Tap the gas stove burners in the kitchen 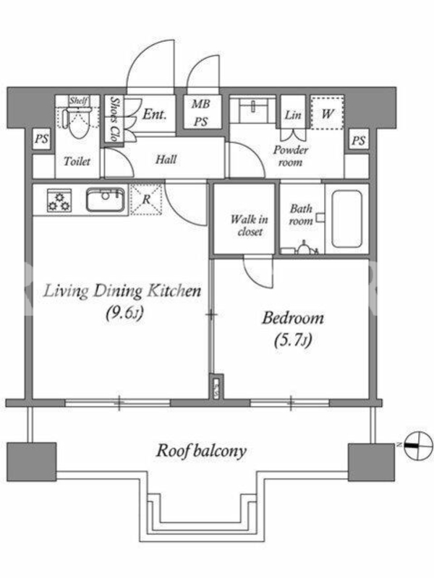(59, 200)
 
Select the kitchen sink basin (105, 200)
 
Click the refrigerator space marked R (146, 199)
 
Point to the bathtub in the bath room (346, 218)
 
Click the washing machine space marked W (327, 113)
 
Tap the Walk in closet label (250, 225)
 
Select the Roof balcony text (201, 451)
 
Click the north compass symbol (418, 445)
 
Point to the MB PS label (201, 113)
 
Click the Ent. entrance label (154, 114)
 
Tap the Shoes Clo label (115, 119)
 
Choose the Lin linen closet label (293, 115)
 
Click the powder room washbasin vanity (252, 110)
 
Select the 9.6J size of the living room (124, 314)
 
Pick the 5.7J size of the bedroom (293, 340)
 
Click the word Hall (166, 160)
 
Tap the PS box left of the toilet (42, 139)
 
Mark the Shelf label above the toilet (79, 100)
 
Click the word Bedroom (293, 318)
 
